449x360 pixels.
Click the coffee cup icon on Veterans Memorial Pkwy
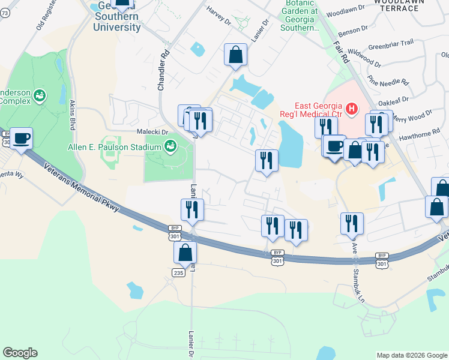point(22,139)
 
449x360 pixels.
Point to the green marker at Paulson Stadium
point(170,146)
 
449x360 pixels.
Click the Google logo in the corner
point(20,353)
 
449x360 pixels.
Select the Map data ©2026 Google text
point(411,355)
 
